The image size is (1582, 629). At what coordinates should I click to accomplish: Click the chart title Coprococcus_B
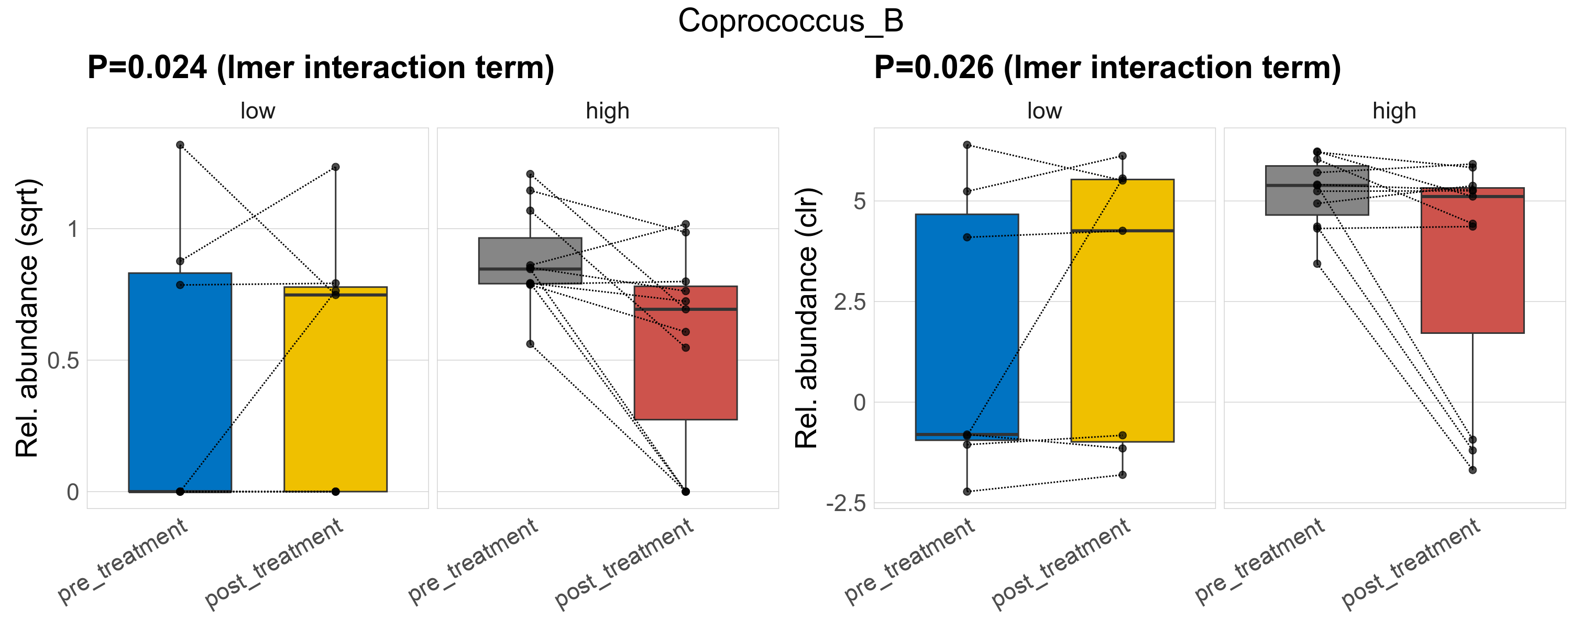click(790, 21)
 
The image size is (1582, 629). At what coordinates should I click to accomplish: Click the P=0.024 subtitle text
click(320, 68)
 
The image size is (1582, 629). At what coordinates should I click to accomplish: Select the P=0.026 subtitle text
click(1107, 68)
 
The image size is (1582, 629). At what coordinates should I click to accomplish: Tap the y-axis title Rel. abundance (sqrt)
click(28, 318)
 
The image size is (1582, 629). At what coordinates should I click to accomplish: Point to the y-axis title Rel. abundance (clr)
click(807, 318)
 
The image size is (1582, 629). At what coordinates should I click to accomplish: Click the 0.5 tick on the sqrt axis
click(64, 361)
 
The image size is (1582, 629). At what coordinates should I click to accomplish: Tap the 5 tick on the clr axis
click(860, 201)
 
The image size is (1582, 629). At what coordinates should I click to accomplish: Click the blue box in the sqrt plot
click(180, 382)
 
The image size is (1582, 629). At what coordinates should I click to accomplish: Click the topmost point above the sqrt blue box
click(180, 145)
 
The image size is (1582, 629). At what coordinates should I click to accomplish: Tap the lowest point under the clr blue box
click(966, 492)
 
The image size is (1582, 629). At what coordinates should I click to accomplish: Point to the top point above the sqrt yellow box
click(335, 167)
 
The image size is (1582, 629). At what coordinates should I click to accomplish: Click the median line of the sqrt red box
click(685, 309)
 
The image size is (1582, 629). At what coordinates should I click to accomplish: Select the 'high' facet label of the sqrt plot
click(607, 111)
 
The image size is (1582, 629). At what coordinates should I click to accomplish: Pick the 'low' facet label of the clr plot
click(1044, 111)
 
